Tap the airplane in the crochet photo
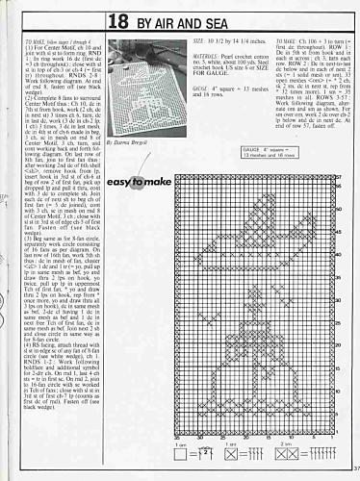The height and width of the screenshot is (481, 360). click(139, 72)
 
